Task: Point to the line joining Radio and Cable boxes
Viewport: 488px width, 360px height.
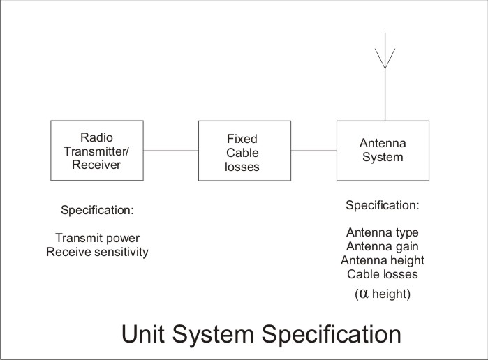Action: point(171,151)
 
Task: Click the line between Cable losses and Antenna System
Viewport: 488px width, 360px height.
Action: point(313,151)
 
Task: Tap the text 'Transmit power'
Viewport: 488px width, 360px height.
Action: point(98,238)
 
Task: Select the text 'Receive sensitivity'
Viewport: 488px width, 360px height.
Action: point(98,252)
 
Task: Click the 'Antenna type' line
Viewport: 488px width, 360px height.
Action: point(383,233)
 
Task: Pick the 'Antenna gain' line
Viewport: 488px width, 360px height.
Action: point(383,247)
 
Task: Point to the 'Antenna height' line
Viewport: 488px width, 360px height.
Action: point(383,260)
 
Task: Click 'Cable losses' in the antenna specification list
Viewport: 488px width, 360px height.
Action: point(383,274)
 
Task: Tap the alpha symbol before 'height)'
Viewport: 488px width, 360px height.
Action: point(364,294)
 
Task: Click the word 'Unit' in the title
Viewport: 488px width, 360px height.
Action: point(142,334)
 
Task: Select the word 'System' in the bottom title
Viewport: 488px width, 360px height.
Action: point(213,336)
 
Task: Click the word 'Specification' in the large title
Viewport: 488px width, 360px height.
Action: point(332,336)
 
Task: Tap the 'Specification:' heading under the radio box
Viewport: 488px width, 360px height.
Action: point(98,210)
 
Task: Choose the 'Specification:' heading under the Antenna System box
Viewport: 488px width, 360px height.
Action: point(383,205)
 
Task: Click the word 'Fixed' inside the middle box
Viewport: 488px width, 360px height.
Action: point(242,139)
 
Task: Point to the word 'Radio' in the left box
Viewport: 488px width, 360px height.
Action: point(96,137)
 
